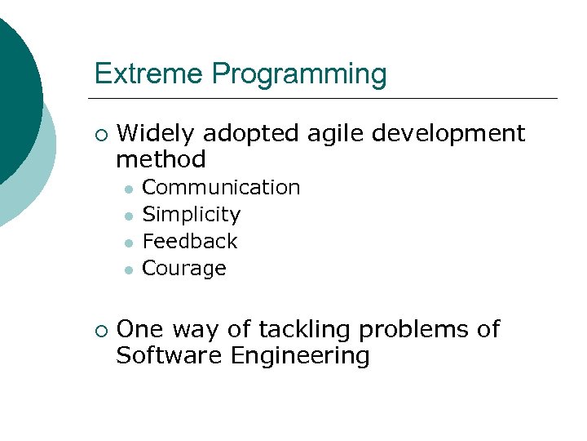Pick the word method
tap(161, 158)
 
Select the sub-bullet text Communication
tap(221, 188)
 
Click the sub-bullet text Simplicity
tap(192, 215)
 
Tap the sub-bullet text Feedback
tap(190, 242)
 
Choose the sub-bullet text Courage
tap(184, 269)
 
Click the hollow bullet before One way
tap(99, 331)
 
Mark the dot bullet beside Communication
tap(128, 189)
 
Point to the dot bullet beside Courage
tap(128, 269)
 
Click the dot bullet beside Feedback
tap(128, 243)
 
